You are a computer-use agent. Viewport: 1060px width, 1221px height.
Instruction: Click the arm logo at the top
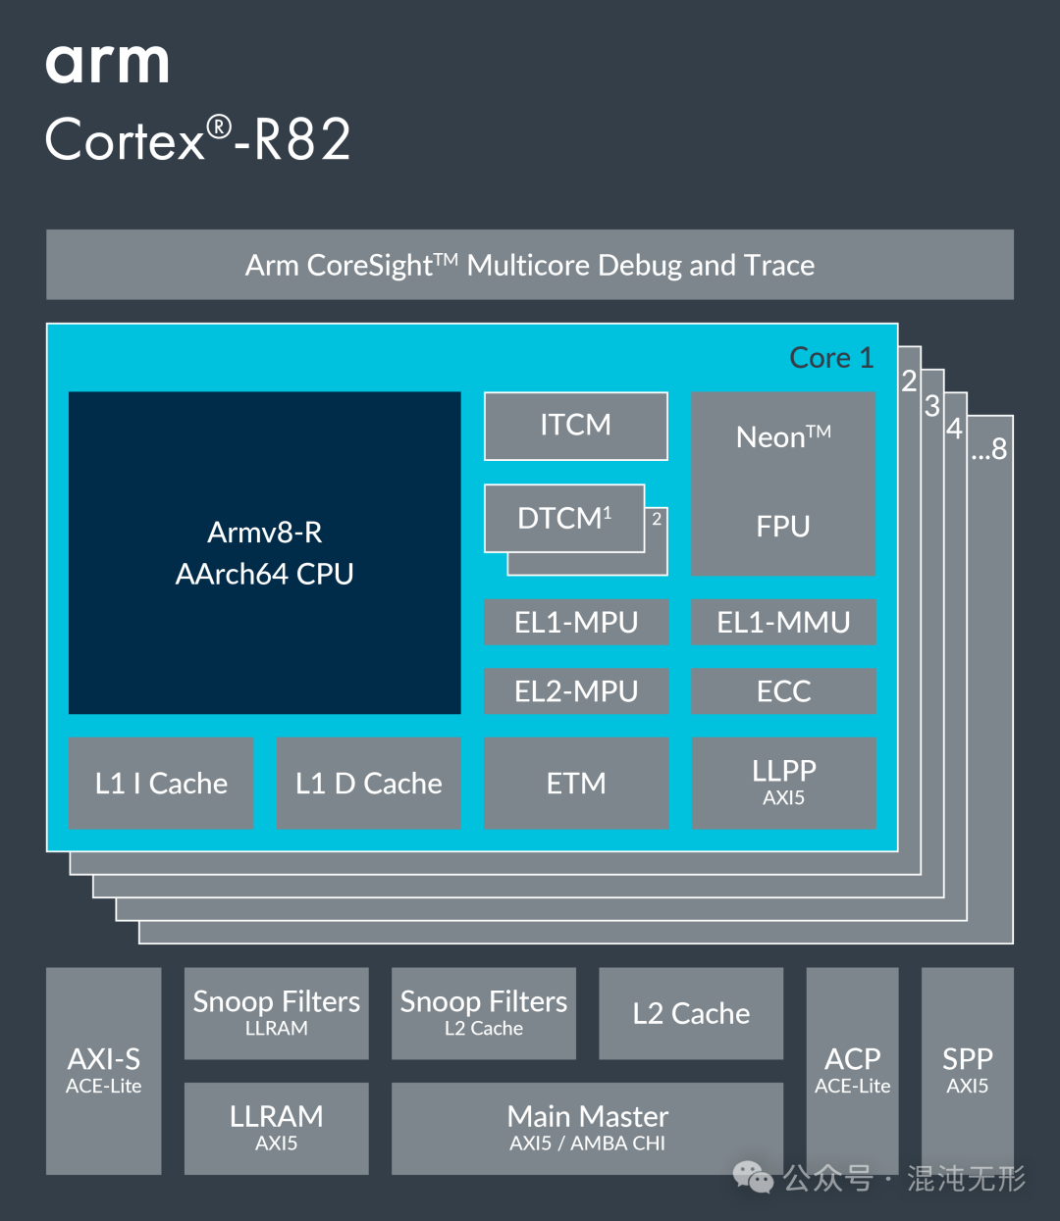(x=107, y=64)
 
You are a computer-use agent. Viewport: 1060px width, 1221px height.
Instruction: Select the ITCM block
(x=575, y=426)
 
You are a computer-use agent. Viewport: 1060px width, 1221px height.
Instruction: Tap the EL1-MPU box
(x=575, y=622)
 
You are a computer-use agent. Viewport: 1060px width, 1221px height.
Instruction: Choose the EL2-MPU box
(x=575, y=690)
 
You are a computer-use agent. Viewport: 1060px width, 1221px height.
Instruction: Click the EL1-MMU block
(x=783, y=622)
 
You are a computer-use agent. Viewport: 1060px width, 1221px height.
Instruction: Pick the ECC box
(x=783, y=690)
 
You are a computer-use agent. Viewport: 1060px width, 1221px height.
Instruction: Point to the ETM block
(x=575, y=783)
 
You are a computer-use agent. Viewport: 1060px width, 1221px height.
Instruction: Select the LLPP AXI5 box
(x=783, y=783)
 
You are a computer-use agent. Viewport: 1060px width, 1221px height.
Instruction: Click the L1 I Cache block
(x=161, y=783)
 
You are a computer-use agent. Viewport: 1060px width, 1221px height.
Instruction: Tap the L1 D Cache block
(x=368, y=783)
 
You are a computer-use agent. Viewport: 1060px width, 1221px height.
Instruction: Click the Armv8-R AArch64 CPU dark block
(x=264, y=552)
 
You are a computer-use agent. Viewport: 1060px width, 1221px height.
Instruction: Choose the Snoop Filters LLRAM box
(x=276, y=1013)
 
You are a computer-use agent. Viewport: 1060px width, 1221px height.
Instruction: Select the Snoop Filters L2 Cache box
(x=483, y=1013)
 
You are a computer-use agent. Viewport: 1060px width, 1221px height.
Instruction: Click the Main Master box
(x=587, y=1128)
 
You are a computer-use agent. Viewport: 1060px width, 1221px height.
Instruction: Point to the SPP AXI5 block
(x=967, y=1070)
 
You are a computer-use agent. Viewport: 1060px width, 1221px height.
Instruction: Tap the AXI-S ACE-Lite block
(x=103, y=1070)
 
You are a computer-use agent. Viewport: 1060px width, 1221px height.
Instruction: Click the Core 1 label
(x=831, y=358)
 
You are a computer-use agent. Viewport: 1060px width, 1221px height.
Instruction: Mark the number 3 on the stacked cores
(x=932, y=406)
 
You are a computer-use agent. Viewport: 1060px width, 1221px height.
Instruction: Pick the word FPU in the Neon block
(x=783, y=527)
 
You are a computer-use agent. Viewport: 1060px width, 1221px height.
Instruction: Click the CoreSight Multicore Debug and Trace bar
(x=529, y=265)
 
